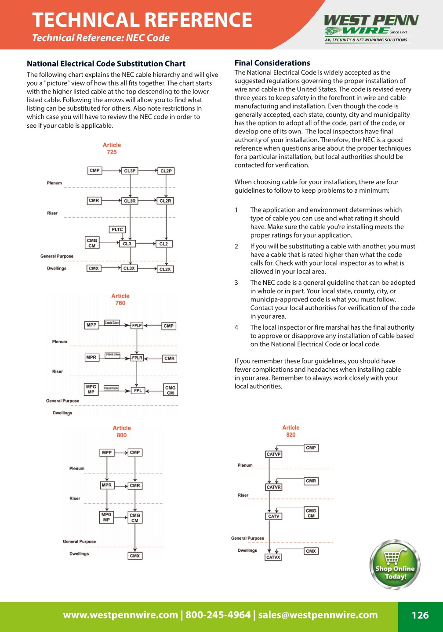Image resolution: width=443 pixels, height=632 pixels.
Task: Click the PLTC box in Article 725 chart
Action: point(117,230)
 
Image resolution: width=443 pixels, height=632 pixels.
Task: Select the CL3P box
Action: point(130,171)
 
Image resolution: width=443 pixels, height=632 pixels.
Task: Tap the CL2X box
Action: point(165,269)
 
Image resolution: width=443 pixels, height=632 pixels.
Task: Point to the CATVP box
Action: point(273,454)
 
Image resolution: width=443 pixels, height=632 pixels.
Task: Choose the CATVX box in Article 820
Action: point(273,557)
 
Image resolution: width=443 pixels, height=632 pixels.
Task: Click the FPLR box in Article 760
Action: point(137,358)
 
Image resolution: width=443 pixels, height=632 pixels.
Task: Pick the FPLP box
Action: point(137,326)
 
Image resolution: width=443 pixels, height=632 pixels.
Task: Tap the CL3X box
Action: point(129,268)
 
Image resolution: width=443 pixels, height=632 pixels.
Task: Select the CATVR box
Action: point(273,487)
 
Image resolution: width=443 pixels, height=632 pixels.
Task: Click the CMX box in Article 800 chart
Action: point(135,556)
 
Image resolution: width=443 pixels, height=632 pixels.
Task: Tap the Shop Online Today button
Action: point(395,565)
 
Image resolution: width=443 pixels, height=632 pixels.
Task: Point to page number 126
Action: point(420,615)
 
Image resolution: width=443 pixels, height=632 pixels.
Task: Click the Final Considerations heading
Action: point(272,63)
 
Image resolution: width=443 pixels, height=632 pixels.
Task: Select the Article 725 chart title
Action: point(112,148)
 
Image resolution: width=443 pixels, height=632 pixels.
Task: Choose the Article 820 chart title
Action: point(291,431)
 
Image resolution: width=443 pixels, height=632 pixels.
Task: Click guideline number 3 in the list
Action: point(236,283)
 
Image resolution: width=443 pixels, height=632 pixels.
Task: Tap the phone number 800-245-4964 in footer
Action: point(218,615)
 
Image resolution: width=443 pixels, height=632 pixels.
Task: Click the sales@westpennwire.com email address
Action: point(318,615)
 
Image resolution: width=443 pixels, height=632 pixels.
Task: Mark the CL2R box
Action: point(166,201)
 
